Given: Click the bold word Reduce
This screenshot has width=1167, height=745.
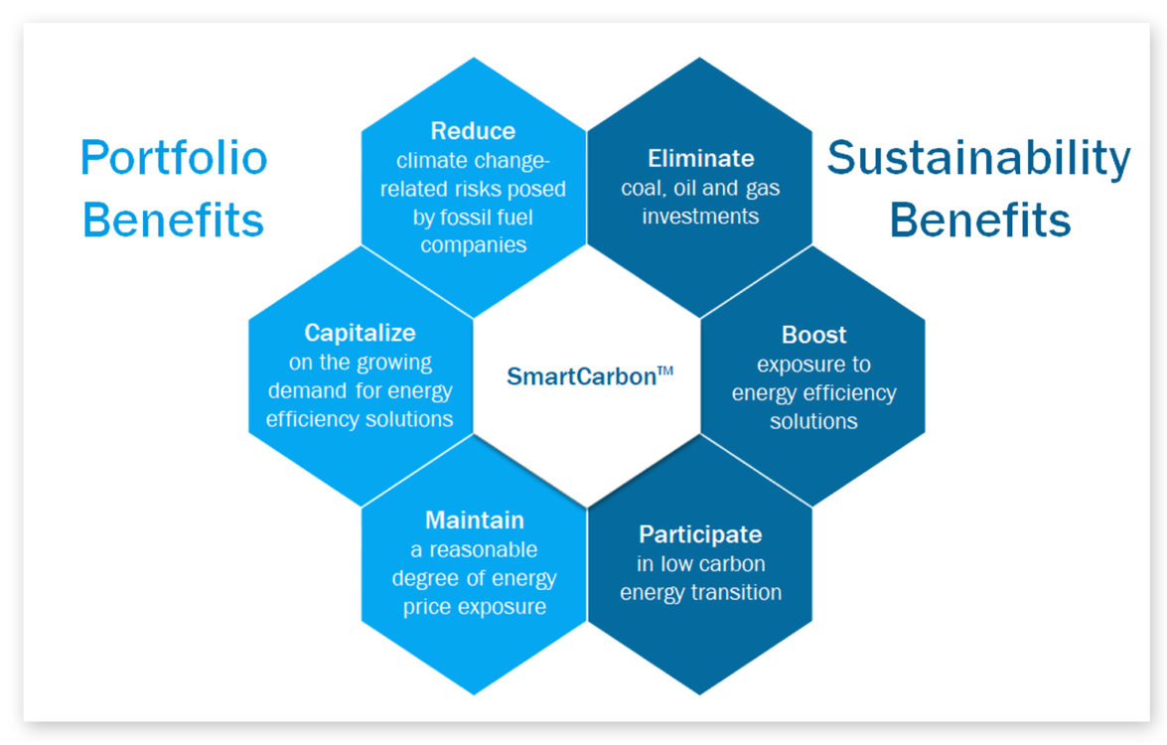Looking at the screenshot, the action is tap(473, 131).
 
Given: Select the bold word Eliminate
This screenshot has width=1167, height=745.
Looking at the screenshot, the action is tap(700, 159).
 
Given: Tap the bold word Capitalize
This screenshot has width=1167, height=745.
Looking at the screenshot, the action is tap(360, 333).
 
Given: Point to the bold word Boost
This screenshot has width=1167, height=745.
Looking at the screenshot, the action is tap(813, 335).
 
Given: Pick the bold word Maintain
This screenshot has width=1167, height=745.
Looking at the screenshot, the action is tap(474, 521).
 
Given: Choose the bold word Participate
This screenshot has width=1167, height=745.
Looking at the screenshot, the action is tap(700, 534).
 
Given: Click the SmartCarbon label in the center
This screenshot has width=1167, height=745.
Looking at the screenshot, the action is tap(581, 376).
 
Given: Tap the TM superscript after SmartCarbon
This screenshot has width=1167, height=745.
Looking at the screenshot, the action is tap(665, 371).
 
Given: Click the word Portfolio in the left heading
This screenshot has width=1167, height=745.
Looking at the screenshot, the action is tap(174, 158).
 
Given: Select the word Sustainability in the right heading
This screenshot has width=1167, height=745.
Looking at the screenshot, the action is tap(978, 159).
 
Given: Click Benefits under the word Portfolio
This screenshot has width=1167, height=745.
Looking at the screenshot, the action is tap(173, 221).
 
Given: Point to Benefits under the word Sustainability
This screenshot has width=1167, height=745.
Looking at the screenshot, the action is tap(980, 221).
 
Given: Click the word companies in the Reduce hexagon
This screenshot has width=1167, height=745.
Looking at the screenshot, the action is tap(474, 245).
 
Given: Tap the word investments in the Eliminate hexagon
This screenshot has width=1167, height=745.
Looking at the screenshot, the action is tap(700, 217).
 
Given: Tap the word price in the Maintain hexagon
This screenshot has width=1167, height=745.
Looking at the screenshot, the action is tap(427, 608).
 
